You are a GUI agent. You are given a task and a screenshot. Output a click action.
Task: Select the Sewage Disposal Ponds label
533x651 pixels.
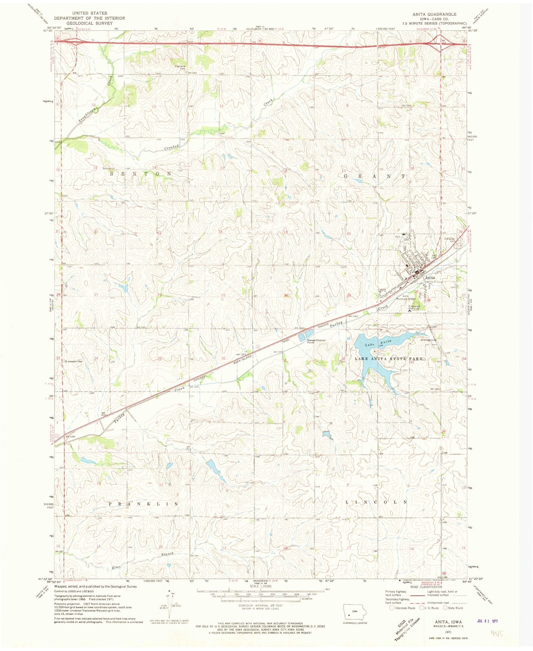tap(316, 341)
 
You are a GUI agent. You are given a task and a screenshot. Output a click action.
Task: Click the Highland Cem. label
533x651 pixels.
tap(180, 67)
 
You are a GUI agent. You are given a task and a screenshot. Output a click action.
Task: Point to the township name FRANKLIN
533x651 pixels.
tap(144, 504)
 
